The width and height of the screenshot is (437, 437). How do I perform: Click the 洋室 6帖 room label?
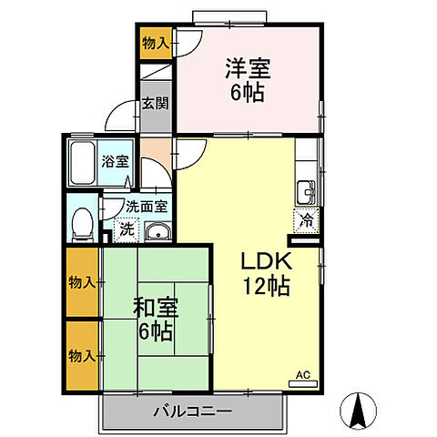click(248, 80)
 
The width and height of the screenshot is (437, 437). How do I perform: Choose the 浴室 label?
click(115, 163)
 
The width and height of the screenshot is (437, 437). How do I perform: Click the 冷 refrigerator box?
click(306, 219)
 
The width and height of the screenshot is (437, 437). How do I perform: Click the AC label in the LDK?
click(304, 375)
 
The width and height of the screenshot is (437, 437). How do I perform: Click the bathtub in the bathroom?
click(83, 163)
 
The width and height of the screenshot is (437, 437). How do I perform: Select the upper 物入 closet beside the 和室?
click(81, 282)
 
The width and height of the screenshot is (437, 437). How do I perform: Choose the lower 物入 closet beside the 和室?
click(81, 354)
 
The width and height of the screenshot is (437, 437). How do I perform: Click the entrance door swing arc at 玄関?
click(119, 117)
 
